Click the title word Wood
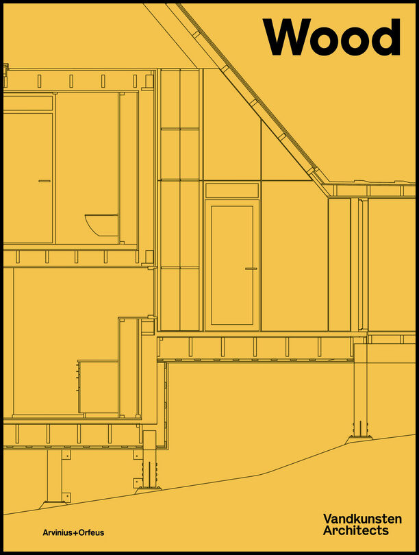point(331,37)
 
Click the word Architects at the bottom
point(355,530)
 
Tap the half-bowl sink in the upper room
point(103,224)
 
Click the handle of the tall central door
point(251,269)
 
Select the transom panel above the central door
point(232,190)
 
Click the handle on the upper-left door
point(45,181)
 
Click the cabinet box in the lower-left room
point(98,386)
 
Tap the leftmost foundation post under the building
point(54,476)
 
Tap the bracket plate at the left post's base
point(66,497)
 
